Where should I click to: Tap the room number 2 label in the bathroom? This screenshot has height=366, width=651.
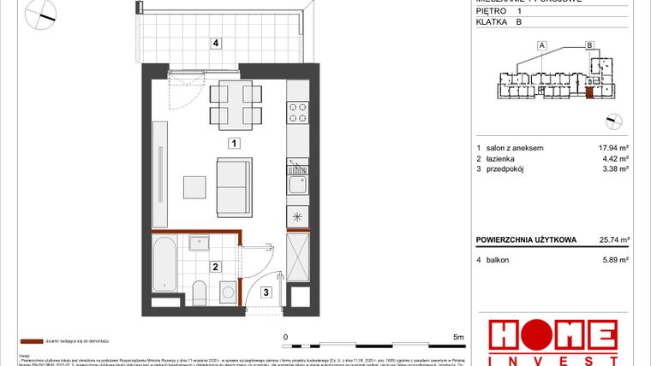click(215, 267)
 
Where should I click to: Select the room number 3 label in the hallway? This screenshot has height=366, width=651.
click(266, 292)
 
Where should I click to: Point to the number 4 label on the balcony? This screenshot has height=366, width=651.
click(217, 42)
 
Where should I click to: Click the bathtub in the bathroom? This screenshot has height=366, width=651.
click(165, 265)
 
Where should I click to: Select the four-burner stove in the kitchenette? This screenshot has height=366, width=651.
click(298, 112)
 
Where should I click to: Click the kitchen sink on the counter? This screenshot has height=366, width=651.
click(297, 181)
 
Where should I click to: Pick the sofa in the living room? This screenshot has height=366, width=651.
click(234, 186)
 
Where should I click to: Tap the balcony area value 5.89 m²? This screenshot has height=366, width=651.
click(615, 259)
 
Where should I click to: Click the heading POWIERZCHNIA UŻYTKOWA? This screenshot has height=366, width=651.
click(527, 240)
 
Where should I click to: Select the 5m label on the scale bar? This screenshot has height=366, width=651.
click(458, 338)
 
